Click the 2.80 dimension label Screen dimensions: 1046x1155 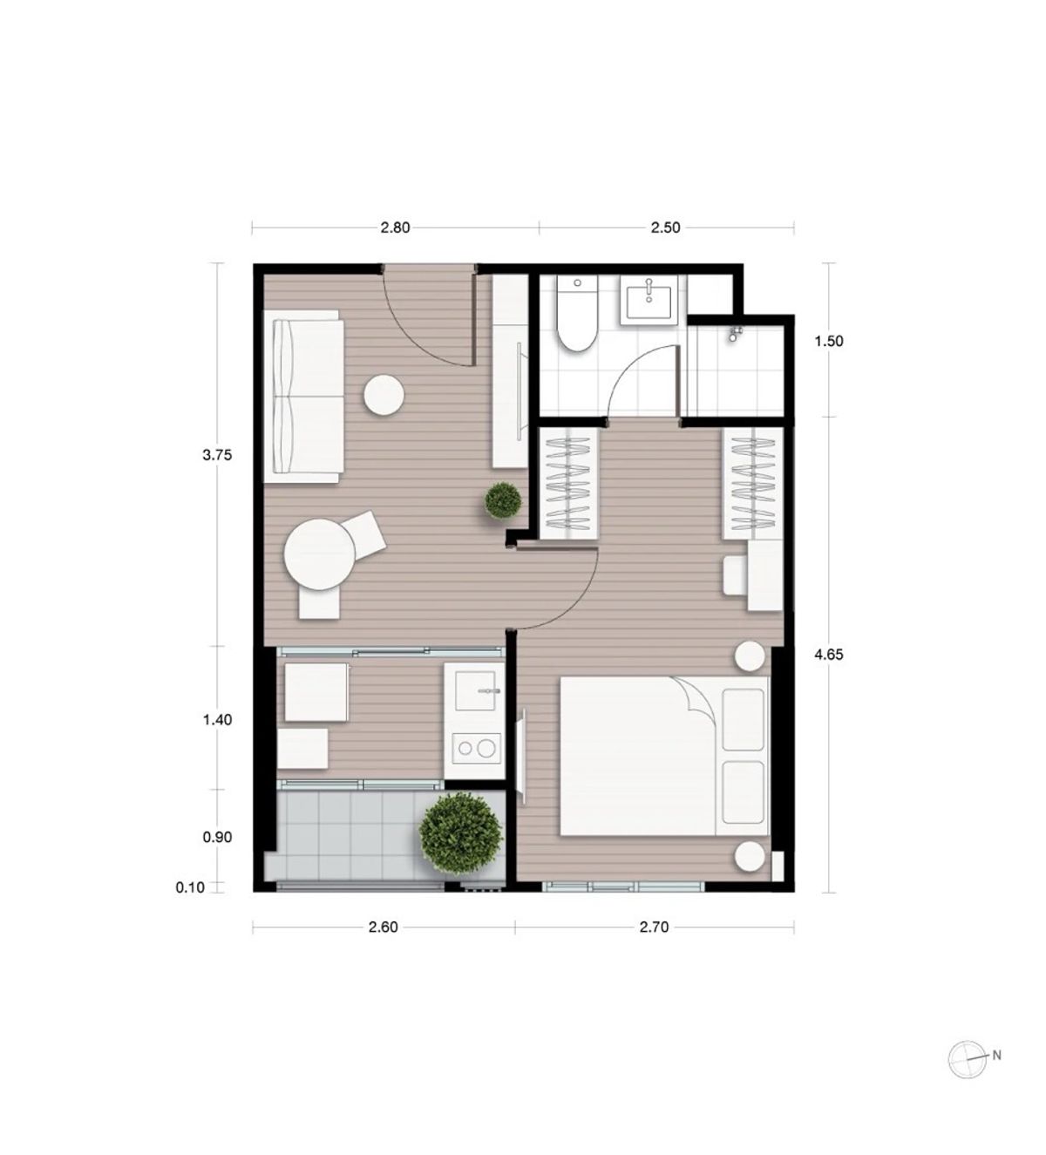(395, 228)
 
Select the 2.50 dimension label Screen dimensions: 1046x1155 (665, 228)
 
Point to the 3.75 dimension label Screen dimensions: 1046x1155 (217, 455)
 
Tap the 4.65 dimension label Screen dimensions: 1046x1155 (829, 655)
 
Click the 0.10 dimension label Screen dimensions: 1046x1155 (190, 888)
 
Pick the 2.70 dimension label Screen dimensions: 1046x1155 (655, 927)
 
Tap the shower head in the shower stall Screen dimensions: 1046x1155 (733, 334)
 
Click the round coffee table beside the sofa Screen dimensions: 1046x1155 (384, 395)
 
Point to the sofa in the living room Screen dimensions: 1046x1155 (303, 397)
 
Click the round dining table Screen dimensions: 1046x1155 (320, 554)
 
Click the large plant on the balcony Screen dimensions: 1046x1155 (461, 830)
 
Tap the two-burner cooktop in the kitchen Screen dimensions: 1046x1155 (474, 748)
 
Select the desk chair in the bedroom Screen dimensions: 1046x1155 (736, 574)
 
